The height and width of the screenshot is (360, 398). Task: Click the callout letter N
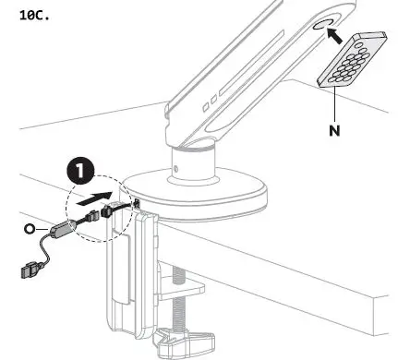[333, 130]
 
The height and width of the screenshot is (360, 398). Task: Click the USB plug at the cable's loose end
[29, 273]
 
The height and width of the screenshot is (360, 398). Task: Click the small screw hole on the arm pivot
[175, 170]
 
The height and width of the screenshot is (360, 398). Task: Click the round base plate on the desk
[198, 194]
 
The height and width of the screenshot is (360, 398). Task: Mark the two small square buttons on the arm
[211, 102]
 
